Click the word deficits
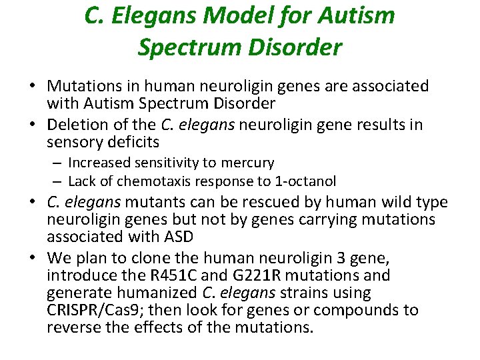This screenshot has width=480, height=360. (137, 141)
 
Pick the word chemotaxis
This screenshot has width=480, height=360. (143, 181)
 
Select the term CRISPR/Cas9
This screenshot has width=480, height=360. (87, 310)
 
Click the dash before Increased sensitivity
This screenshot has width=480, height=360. (58, 163)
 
